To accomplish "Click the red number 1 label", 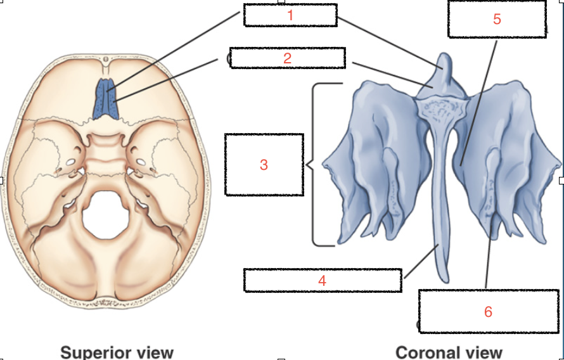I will (290, 15).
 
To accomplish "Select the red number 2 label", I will (288, 58).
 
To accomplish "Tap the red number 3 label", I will (264, 165).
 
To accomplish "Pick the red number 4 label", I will (323, 280).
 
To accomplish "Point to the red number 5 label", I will (497, 19).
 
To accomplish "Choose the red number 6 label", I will (488, 311).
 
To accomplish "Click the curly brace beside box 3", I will (312, 165).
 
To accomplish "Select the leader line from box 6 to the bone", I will (489, 254).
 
